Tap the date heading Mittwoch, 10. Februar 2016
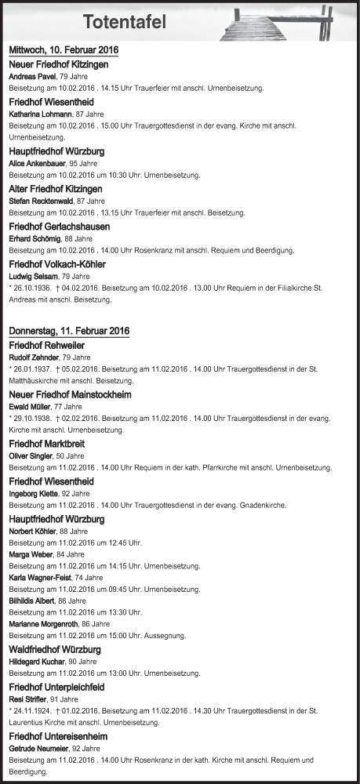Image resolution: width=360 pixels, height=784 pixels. coord(63,50)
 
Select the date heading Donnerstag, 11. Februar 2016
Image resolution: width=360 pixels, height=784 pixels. coord(69,331)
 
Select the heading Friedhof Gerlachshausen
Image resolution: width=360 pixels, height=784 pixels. coord(59,227)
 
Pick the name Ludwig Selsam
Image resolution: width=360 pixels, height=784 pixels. coord(34,276)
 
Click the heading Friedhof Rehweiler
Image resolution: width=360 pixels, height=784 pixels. coord(47,345)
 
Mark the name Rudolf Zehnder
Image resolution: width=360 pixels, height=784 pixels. coord(35,358)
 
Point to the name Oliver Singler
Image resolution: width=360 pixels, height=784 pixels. coord(31,456)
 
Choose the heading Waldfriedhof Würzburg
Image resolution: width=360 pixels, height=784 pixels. coord(54,650)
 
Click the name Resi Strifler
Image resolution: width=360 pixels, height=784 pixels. coord(28,699)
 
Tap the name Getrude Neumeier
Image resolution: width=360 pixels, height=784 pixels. coord(38,749)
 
